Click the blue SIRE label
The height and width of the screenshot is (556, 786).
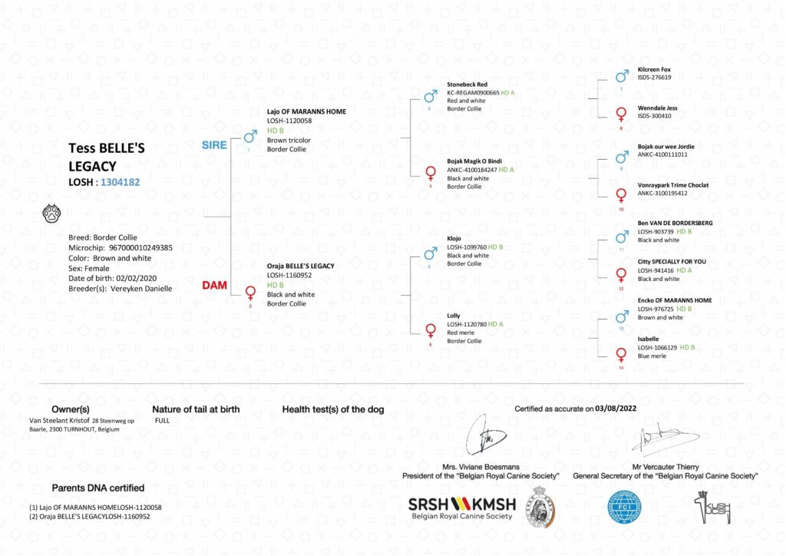214,144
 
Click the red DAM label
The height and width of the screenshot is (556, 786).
214,285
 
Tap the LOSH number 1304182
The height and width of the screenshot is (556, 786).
121,182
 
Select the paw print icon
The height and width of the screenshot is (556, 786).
51,213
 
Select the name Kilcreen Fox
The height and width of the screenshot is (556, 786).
654,70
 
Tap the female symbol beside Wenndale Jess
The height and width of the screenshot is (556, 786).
621,114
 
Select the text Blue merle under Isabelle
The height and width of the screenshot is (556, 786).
653,356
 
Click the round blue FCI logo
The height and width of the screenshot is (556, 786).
624,507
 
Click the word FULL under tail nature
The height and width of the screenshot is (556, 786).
163,421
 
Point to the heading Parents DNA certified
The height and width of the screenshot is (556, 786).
97,488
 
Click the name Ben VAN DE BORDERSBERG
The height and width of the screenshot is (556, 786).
675,223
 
